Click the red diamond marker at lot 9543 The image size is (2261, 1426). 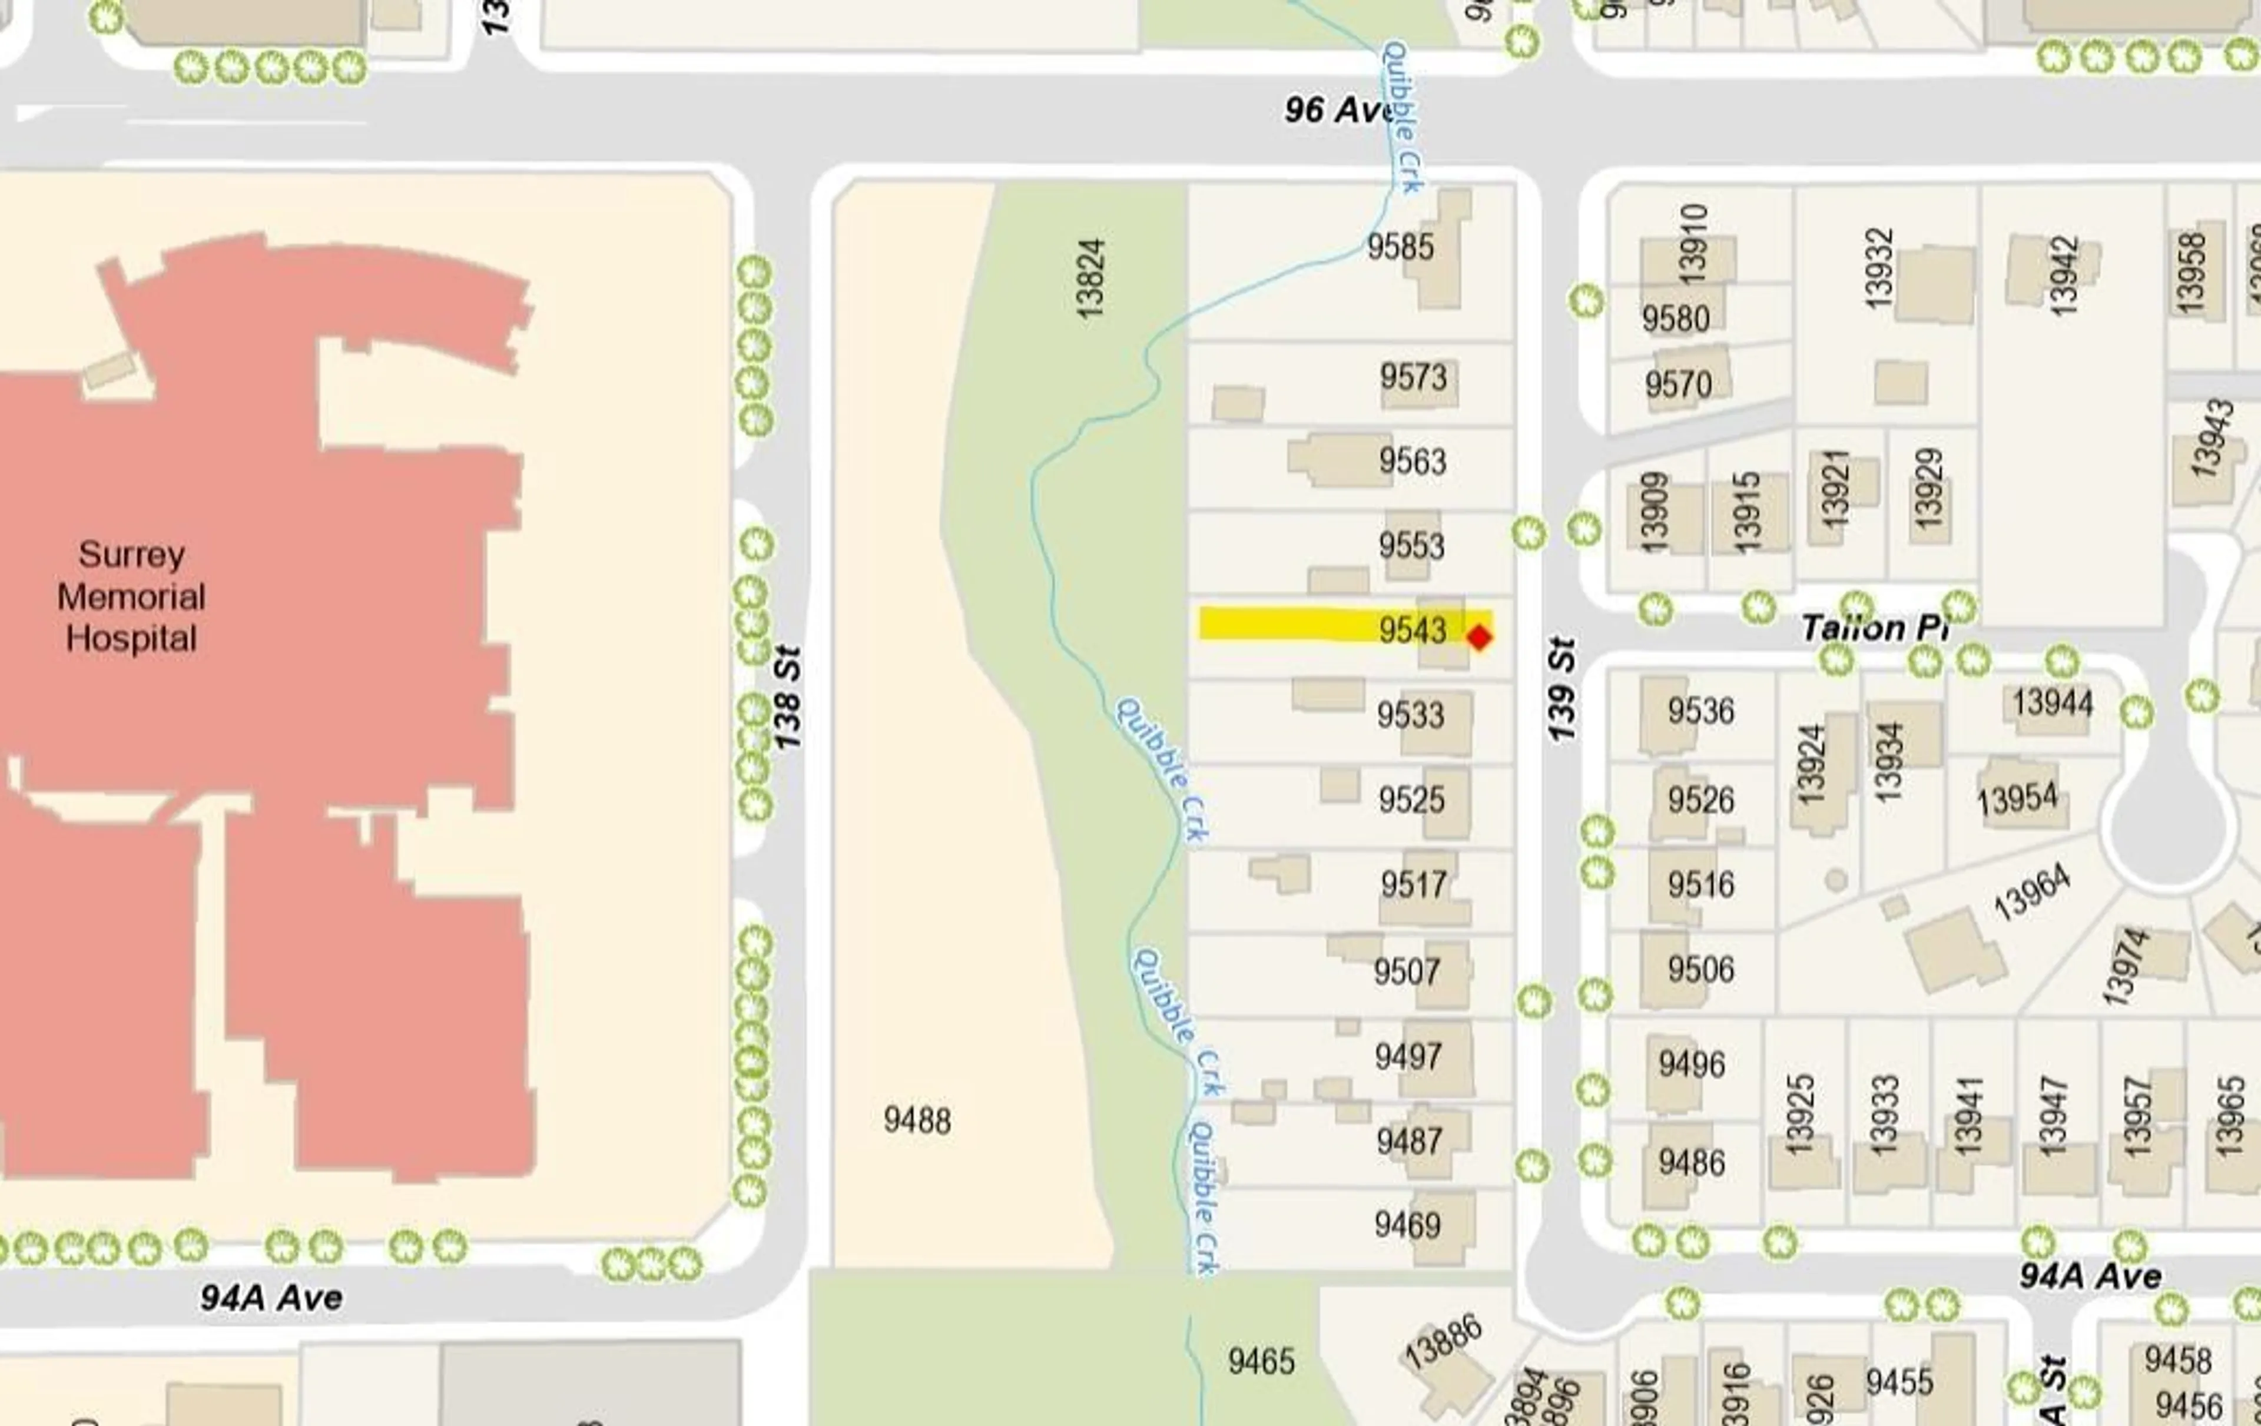[1479, 638]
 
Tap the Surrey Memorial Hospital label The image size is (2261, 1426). [131, 596]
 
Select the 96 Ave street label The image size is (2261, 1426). [1337, 110]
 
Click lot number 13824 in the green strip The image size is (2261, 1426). [1091, 279]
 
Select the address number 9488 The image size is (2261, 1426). [917, 1120]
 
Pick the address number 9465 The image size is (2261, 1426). [1261, 1360]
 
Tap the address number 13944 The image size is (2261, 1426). [2053, 702]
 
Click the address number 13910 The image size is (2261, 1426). [1692, 244]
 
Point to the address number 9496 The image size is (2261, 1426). [1691, 1064]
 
